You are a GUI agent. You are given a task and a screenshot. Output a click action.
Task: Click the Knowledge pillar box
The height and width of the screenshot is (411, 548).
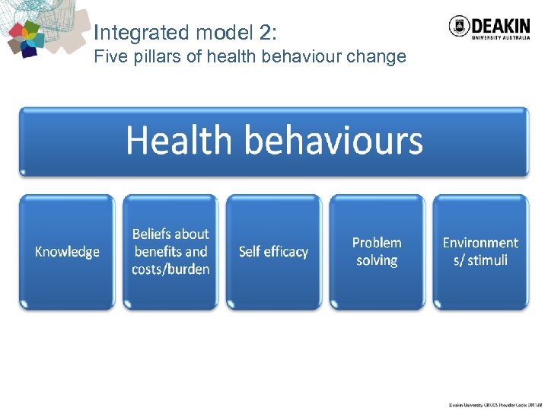click(x=67, y=252)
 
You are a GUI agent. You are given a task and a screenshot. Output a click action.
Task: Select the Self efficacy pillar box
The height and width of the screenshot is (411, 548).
click(x=273, y=252)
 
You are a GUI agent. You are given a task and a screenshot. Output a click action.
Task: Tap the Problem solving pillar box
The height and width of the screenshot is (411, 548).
click(x=377, y=252)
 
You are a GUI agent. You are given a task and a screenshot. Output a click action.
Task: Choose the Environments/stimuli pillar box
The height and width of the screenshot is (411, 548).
click(x=480, y=252)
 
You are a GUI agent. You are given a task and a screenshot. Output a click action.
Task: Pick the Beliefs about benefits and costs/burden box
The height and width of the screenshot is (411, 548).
click(x=170, y=252)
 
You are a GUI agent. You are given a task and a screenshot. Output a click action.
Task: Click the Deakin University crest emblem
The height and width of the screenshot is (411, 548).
click(x=460, y=26)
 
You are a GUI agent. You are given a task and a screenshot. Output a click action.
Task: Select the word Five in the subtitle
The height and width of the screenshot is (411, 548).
click(x=107, y=57)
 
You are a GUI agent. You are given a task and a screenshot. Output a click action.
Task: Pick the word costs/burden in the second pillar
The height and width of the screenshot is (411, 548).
click(x=170, y=269)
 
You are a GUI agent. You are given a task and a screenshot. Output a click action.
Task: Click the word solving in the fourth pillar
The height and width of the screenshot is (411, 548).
click(x=377, y=261)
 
